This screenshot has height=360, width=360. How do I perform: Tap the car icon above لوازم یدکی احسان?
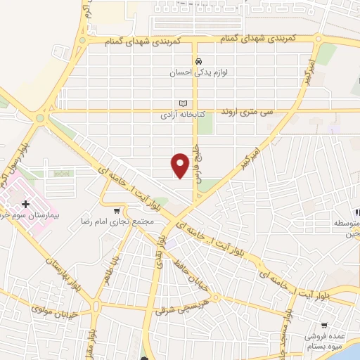200,60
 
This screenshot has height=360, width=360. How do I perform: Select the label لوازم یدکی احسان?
200,72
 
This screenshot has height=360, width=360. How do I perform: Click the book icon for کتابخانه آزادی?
184,102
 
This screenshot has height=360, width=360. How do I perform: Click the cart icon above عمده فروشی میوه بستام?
323,326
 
